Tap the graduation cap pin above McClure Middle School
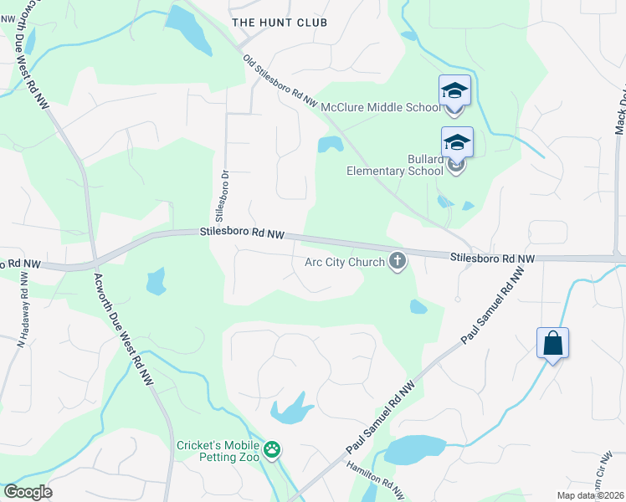(454, 90)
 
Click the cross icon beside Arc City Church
(398, 263)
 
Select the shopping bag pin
(552, 343)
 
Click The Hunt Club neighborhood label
(280, 23)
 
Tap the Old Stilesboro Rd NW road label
(280, 80)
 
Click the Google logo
(28, 492)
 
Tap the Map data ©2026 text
(590, 496)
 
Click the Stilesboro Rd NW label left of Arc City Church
(242, 233)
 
